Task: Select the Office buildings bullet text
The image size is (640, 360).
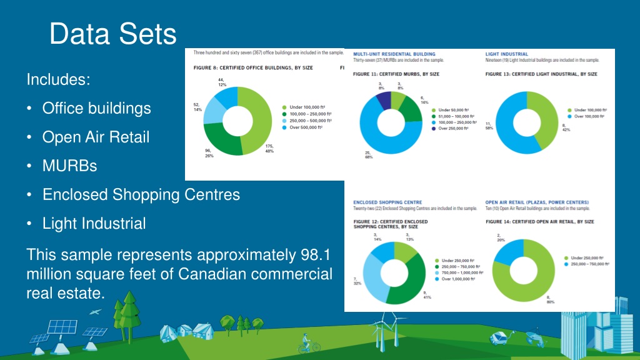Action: click(96, 108)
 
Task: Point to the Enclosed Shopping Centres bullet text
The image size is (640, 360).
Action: click(141, 194)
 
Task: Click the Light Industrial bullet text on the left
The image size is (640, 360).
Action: click(94, 223)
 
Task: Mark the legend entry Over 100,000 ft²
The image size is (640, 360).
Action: click(591, 116)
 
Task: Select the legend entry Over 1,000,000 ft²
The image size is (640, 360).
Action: click(462, 279)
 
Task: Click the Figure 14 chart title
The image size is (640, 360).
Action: click(539, 222)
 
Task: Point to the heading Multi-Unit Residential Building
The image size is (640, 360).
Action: click(394, 54)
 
